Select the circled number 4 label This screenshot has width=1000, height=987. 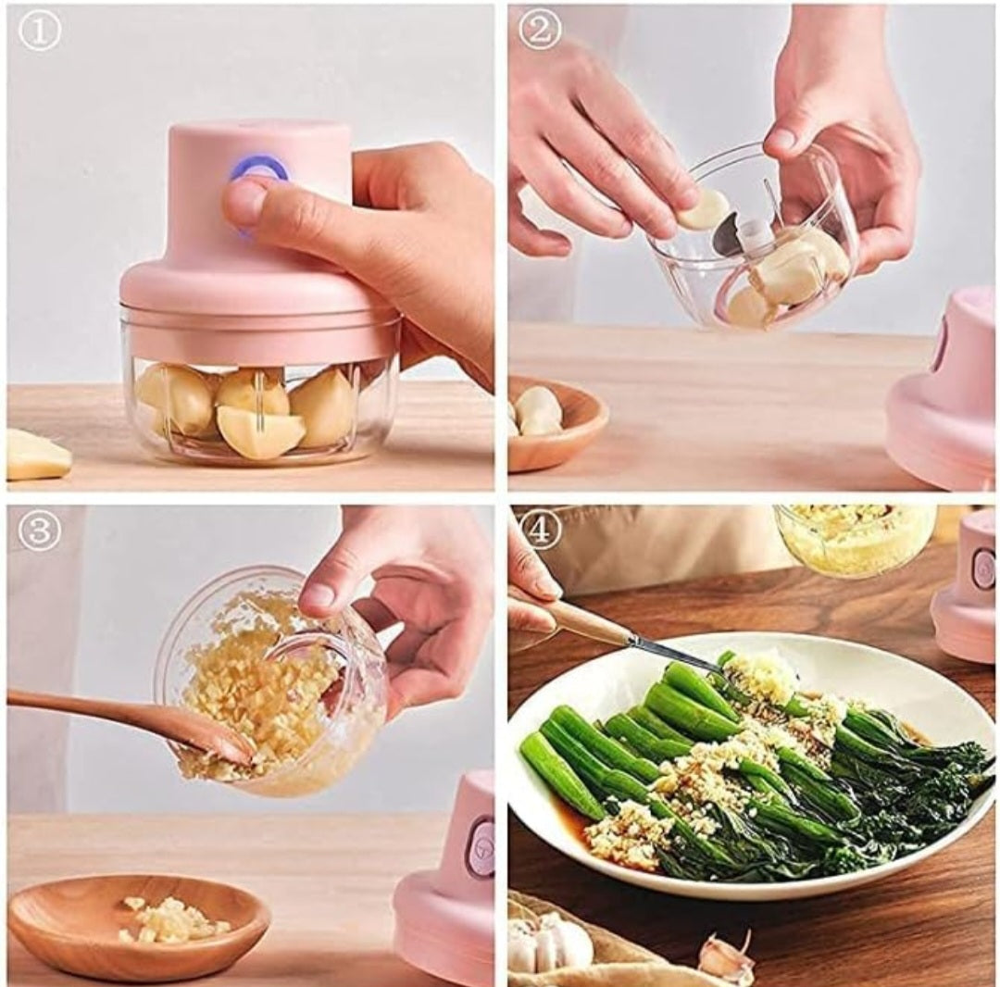click(540, 527)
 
